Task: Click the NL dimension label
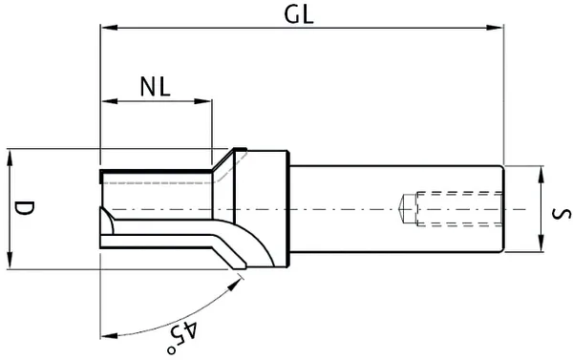155,87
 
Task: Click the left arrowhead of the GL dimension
106,29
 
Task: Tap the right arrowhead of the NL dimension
204,101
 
